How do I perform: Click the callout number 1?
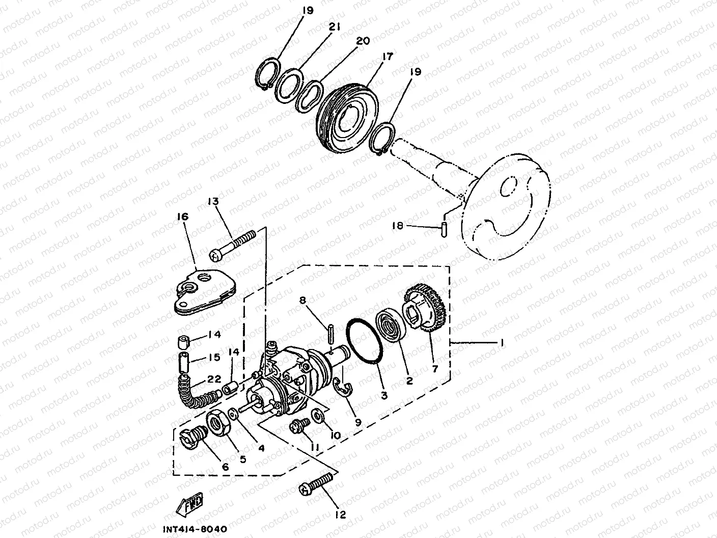click(502, 343)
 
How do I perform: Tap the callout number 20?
click(363, 41)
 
